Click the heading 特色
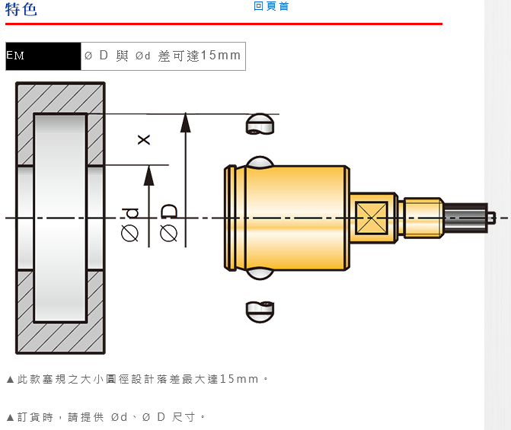(21, 9)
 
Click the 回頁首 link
(271, 6)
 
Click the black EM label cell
(43, 56)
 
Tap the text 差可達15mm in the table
(199, 56)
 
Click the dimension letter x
(143, 139)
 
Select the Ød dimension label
(130, 225)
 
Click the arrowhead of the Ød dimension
(149, 175)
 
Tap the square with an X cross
(372, 217)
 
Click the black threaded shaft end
(465, 217)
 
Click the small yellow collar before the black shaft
(423, 217)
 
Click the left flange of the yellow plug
(229, 217)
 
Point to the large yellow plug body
(297, 217)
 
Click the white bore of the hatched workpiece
(60, 217)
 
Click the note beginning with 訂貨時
(106, 417)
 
